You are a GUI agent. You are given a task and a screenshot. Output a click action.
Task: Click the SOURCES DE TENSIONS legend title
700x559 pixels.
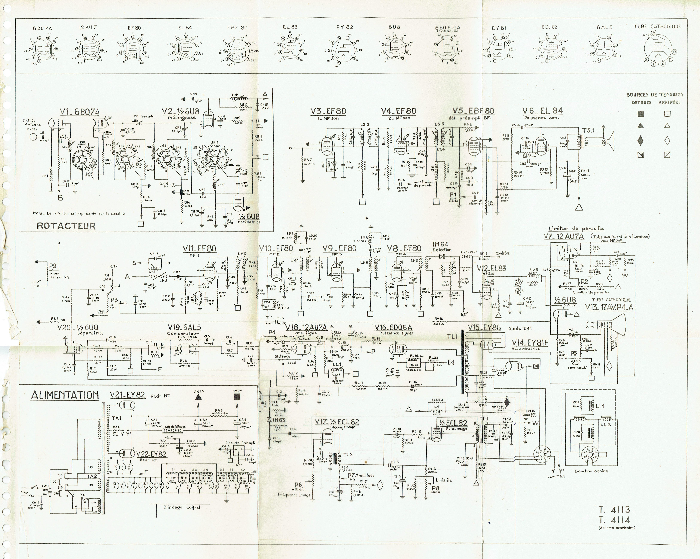click(655, 95)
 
